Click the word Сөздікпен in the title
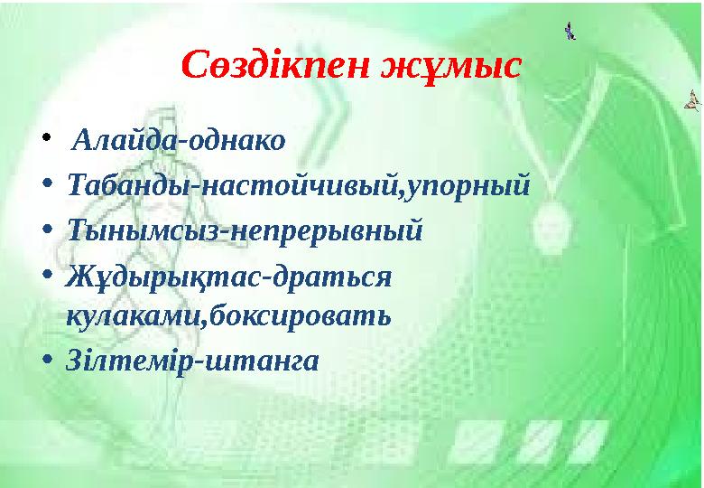(x=272, y=66)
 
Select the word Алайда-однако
(x=178, y=141)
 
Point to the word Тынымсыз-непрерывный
(x=245, y=230)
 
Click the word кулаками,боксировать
(x=227, y=317)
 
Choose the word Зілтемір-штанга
(x=192, y=360)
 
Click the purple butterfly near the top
(x=570, y=33)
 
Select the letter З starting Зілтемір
(x=75, y=360)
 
